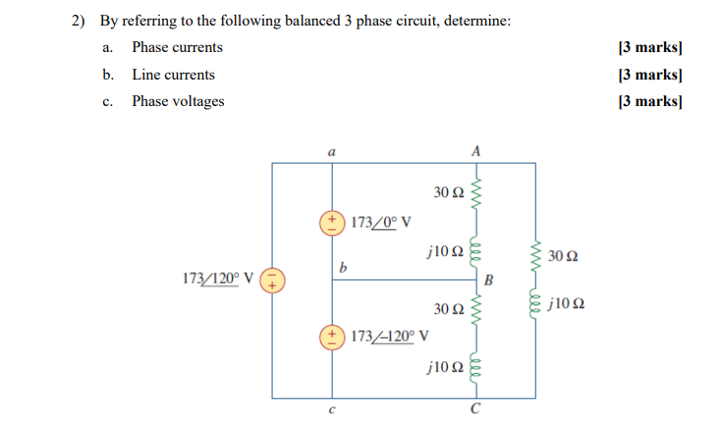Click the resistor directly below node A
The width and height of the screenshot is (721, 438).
click(x=476, y=192)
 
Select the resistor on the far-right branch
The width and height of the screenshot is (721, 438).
click(x=535, y=256)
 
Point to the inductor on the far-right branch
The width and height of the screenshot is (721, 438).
click(x=535, y=303)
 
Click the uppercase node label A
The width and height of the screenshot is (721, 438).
click(x=476, y=151)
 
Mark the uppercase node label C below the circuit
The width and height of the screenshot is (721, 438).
click(x=476, y=410)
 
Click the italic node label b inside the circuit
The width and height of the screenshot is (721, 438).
click(x=343, y=266)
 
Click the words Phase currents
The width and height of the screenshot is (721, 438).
click(x=177, y=47)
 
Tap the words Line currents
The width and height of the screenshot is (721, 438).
click(x=173, y=75)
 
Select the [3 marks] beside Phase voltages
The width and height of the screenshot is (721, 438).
click(x=649, y=101)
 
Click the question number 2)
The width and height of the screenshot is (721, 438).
click(x=81, y=21)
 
